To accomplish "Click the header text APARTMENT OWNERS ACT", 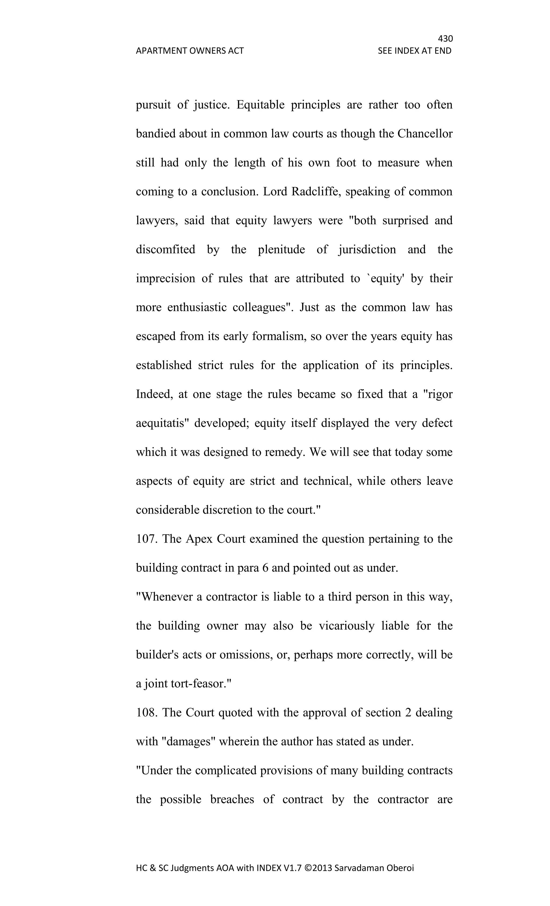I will [x=190, y=51].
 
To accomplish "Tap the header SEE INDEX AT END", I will [x=414, y=51].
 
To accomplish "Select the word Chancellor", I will [x=425, y=133].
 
